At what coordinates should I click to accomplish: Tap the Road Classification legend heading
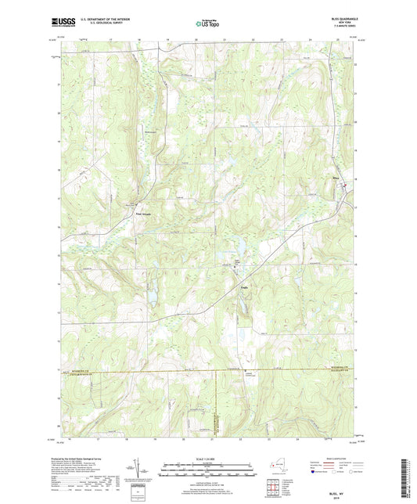click(x=339, y=458)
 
